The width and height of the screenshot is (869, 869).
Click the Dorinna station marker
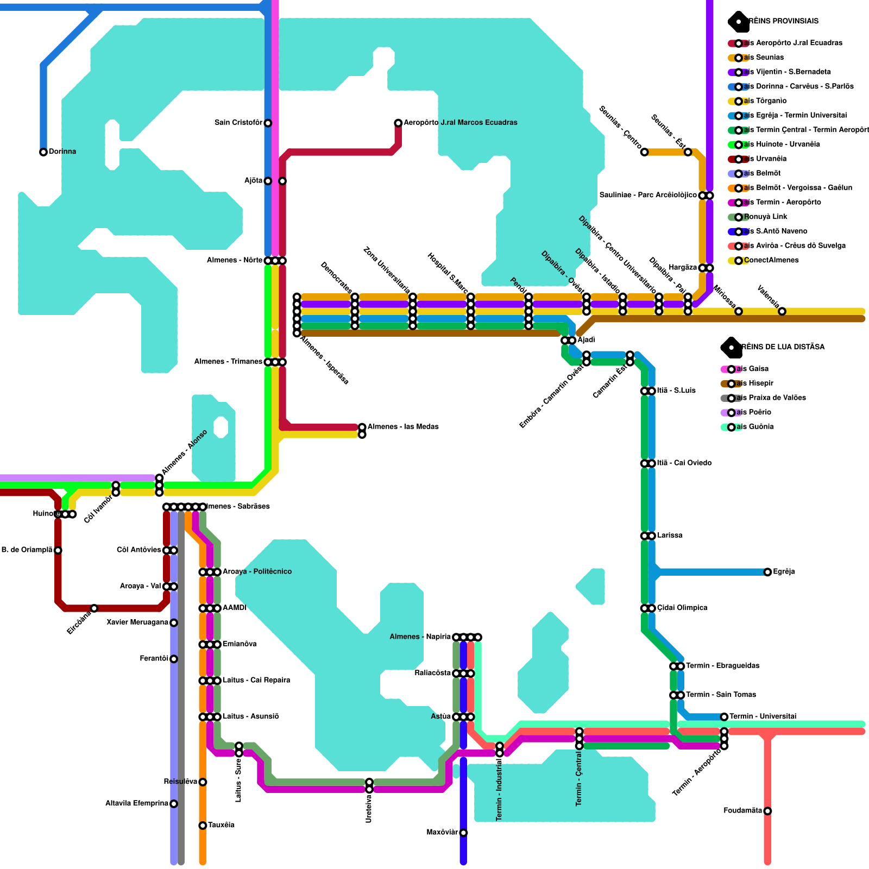tap(43, 152)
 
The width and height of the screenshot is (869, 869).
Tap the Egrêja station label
tap(784, 572)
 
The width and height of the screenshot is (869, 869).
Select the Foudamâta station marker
tap(767, 811)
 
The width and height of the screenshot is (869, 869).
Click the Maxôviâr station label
tap(442, 833)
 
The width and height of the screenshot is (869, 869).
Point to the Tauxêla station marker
tap(203, 826)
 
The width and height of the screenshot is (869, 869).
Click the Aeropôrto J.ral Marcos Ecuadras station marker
tap(398, 123)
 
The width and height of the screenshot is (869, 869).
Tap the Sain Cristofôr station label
tap(238, 123)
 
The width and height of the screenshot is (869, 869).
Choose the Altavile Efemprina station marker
tap(174, 804)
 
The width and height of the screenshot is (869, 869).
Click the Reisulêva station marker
tap(203, 782)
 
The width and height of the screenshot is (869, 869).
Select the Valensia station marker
tap(782, 311)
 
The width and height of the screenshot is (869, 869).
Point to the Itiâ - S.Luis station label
tap(676, 391)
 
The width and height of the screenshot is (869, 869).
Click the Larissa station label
tap(670, 536)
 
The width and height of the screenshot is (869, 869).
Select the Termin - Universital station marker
tap(724, 717)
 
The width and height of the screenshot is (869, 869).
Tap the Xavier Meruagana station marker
tap(174, 623)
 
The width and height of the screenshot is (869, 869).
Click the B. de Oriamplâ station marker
tap(58, 550)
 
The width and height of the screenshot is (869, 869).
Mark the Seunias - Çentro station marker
tap(644, 152)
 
